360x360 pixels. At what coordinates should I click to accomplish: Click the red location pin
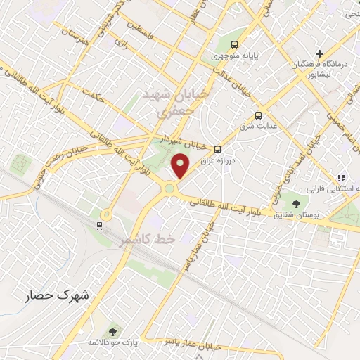click(x=181, y=166)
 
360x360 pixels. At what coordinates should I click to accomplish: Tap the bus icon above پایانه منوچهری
click(x=243, y=42)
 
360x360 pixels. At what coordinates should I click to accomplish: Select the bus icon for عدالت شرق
click(x=258, y=115)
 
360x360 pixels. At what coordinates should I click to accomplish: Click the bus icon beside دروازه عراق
click(x=217, y=148)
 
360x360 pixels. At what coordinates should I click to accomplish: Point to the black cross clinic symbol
click(x=319, y=53)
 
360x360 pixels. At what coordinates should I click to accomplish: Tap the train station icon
click(x=99, y=225)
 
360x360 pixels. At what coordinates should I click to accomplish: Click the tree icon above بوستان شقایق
click(x=296, y=204)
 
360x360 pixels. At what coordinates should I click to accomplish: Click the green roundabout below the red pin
click(x=169, y=188)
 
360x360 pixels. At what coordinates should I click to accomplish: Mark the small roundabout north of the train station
click(x=106, y=214)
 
